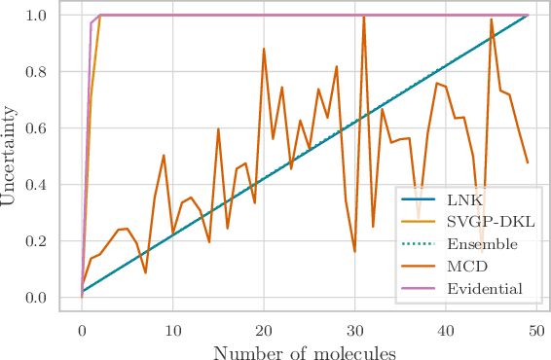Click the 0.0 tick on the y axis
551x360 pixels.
tap(49, 298)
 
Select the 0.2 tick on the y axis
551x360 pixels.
tap(49, 241)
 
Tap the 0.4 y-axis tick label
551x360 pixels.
tap(49, 185)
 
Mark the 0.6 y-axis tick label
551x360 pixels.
tap(49, 128)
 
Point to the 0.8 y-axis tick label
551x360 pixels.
tap(49, 72)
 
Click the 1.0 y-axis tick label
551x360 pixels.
tap(49, 17)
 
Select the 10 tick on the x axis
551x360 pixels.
tap(172, 330)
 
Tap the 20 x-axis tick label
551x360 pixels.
tap(264, 330)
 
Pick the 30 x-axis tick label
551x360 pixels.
tap(354, 330)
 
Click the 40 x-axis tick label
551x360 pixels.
tap(445, 330)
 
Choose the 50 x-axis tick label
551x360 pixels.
tap(536, 330)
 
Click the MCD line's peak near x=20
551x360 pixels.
tap(264, 49)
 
